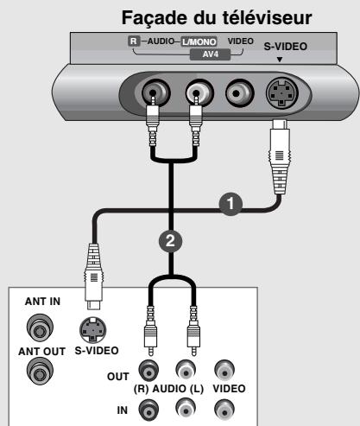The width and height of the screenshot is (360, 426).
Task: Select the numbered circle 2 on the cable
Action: coord(172,242)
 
